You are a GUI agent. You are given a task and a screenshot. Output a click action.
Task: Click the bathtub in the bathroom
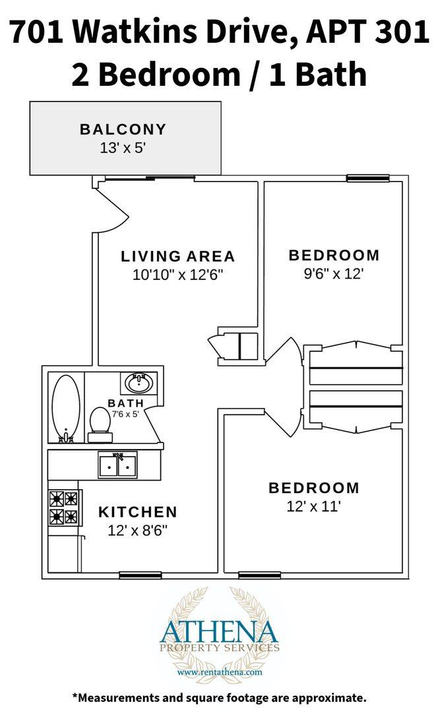pos(66,408)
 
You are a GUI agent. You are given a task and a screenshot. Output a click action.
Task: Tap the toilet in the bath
pos(100,424)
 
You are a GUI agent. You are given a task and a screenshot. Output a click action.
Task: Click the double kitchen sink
pos(117,465)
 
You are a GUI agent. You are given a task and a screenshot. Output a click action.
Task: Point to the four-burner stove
pos(64,508)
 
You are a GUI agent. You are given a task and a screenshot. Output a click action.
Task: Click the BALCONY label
pos(123,129)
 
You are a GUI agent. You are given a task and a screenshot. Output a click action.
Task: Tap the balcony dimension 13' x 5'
pos(122,148)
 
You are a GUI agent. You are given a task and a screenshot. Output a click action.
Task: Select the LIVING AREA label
pos(177,256)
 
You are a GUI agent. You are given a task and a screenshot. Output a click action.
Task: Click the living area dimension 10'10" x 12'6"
pos(177,275)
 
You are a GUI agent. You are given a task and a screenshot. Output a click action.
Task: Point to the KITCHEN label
pos(138,512)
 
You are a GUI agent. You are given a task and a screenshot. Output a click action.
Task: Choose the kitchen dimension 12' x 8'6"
pos(138,530)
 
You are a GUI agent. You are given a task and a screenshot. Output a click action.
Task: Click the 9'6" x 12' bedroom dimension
pos(334,274)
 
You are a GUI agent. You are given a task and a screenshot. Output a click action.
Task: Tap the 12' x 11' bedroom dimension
pos(313,506)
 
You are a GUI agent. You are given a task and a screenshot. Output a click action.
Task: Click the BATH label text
pos(126,403)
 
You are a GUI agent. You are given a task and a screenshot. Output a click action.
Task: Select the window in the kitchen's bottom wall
pos(141,575)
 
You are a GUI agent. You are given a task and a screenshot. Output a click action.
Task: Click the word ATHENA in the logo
pos(218,631)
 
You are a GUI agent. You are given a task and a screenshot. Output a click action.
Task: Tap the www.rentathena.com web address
pos(220,671)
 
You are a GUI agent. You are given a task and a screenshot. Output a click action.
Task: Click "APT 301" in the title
pos(367,32)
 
